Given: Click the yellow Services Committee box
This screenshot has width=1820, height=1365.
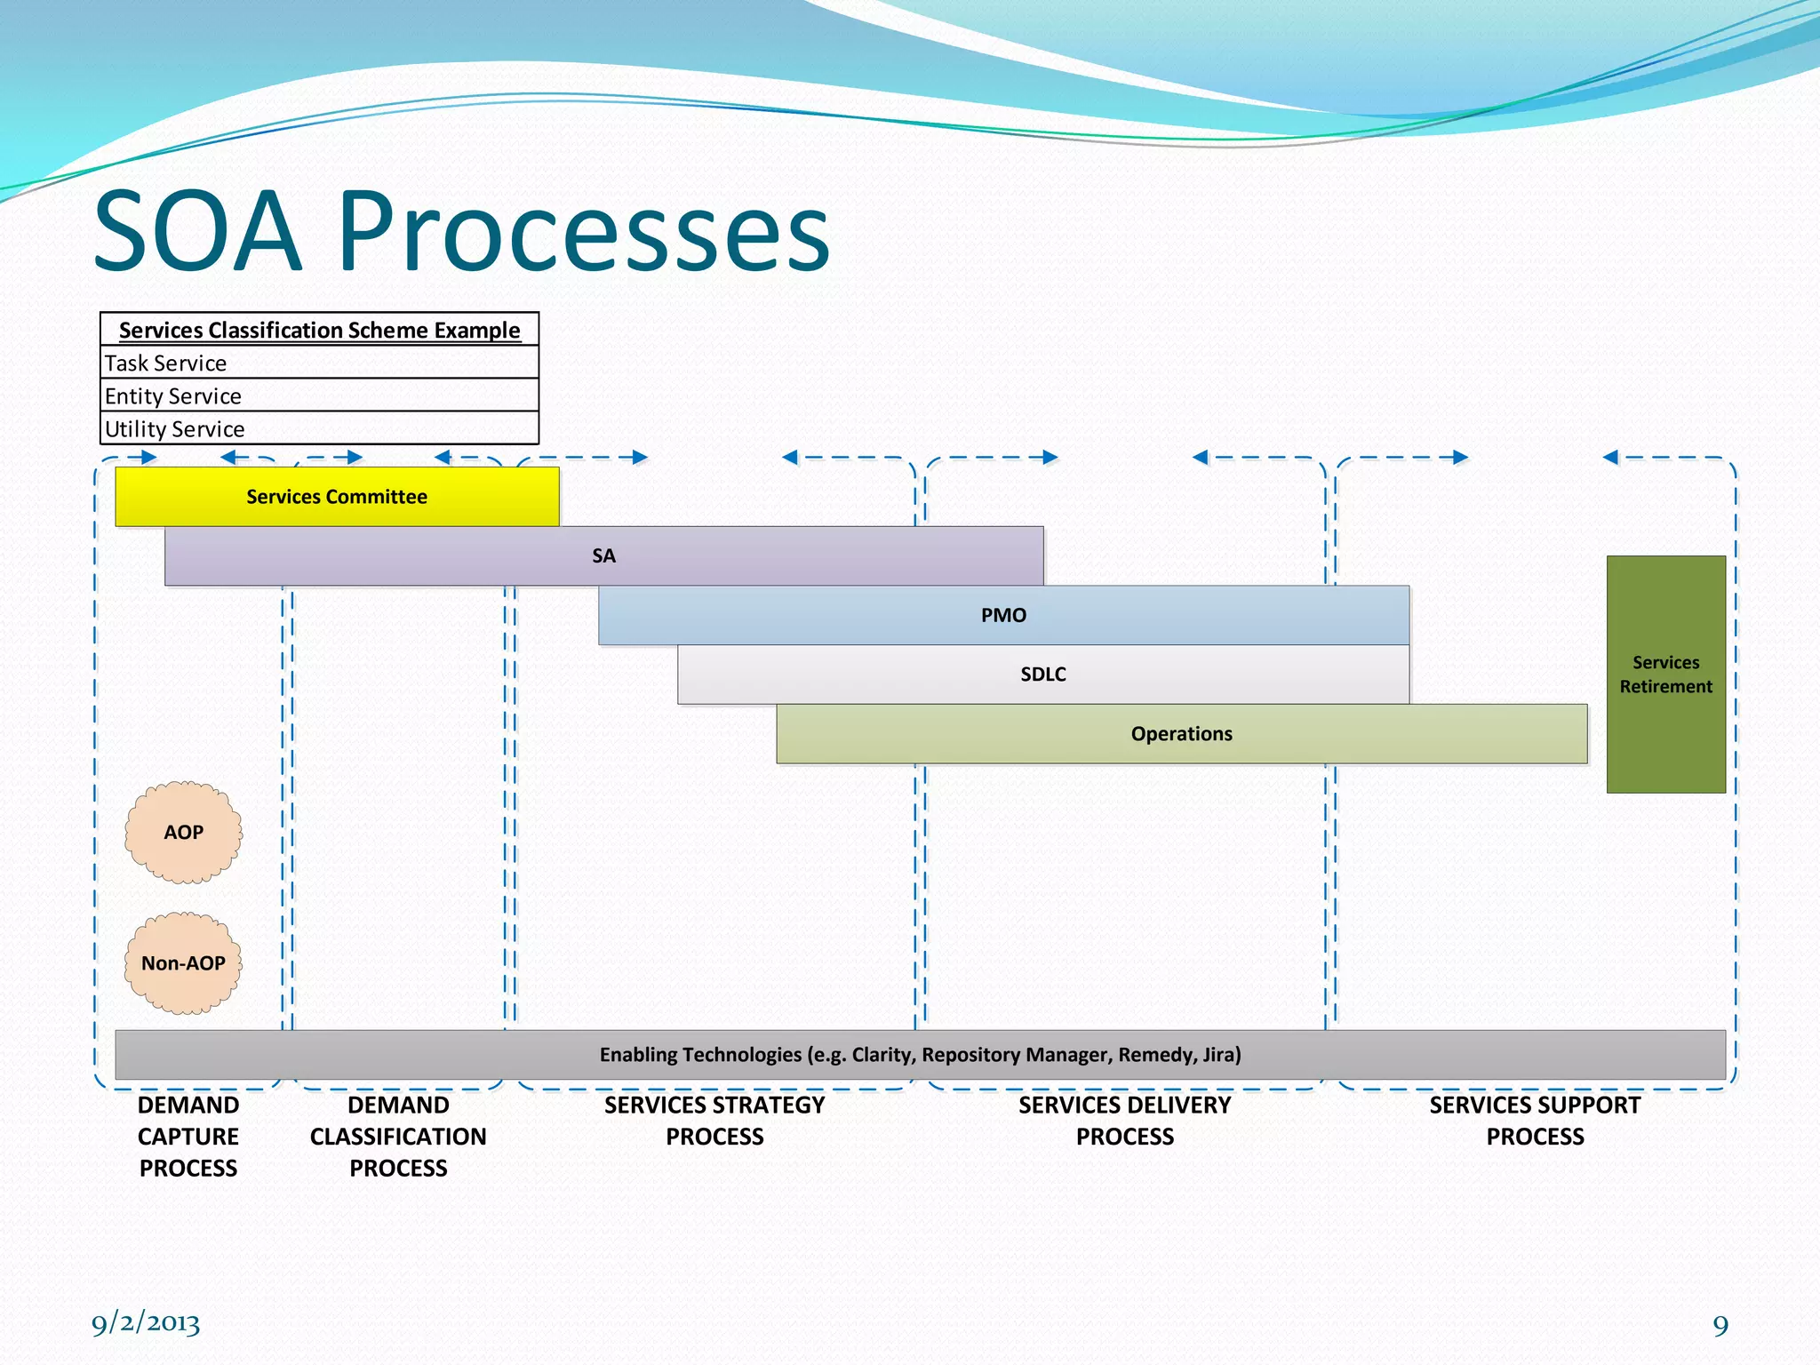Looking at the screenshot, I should pos(337,497).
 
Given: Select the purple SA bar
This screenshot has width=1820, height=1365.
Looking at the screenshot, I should pos(603,556).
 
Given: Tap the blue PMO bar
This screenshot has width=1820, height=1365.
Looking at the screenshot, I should pos(1003,615).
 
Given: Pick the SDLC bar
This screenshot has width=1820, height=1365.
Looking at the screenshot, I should pos(1042,675).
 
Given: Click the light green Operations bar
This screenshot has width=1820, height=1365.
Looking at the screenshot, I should pos(1181,734).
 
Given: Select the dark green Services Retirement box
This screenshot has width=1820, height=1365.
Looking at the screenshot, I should pos(1665,675).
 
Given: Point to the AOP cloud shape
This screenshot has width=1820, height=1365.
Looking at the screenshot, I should pos(183,833).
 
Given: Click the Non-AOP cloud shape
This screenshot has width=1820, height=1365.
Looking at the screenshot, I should pos(183,963).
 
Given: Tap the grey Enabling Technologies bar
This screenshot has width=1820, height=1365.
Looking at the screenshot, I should pos(920,1055).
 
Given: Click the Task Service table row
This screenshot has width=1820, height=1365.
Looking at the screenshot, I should pos(318,363).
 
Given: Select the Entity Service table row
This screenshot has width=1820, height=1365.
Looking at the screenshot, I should pos(318,395).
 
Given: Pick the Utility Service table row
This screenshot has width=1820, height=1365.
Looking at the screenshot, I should pos(318,428).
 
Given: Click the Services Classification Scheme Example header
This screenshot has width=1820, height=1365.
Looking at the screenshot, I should pos(319,330).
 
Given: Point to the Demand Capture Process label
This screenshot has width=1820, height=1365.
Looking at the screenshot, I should pos(188,1137).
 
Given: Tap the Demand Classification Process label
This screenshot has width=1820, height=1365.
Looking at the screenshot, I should pos(398,1137).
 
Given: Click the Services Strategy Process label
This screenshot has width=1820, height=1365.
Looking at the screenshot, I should pos(714,1121).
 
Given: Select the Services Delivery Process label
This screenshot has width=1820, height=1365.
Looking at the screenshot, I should pos(1124,1121).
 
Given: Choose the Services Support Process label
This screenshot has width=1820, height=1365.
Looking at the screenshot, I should pos(1535,1121).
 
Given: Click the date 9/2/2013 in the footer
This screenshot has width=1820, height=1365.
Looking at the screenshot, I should pos(146,1323).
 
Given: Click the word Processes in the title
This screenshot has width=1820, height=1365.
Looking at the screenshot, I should pos(583,232).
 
